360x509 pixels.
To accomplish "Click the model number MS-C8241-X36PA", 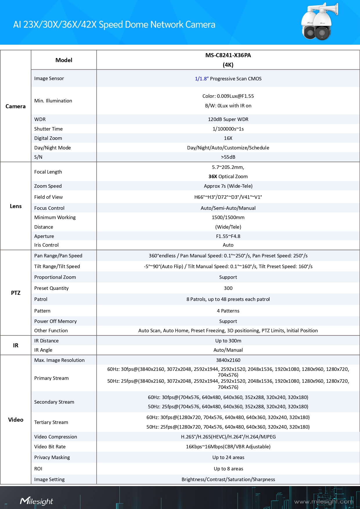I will coord(228,55).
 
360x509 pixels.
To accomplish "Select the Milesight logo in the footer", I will coord(37,501).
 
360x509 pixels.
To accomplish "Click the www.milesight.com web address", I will coord(323,501).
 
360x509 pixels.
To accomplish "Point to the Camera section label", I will coord(16,107).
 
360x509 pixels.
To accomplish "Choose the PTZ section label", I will coord(16,293).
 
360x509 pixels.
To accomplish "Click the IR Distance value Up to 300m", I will coord(228,341).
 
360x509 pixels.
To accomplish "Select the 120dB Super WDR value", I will coord(228,119).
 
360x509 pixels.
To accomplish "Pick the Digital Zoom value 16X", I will coord(228,138).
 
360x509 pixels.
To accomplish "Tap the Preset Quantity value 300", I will coord(228,288).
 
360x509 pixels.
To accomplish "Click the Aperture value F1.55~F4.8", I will coord(228,236).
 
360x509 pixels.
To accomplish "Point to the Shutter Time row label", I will coord(48,129).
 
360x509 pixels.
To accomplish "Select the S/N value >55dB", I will coord(228,157).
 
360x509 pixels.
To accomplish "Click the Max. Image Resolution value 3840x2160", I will coord(228,360).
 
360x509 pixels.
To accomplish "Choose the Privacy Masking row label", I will coord(52,457).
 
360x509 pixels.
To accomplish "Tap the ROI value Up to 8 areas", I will coord(228,469).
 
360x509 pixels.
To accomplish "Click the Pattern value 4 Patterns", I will coord(228,311).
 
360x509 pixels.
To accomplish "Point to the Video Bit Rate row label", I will coord(50,447).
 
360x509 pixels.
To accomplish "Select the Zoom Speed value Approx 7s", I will coord(228,186).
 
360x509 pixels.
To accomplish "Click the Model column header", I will coord(64,60).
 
